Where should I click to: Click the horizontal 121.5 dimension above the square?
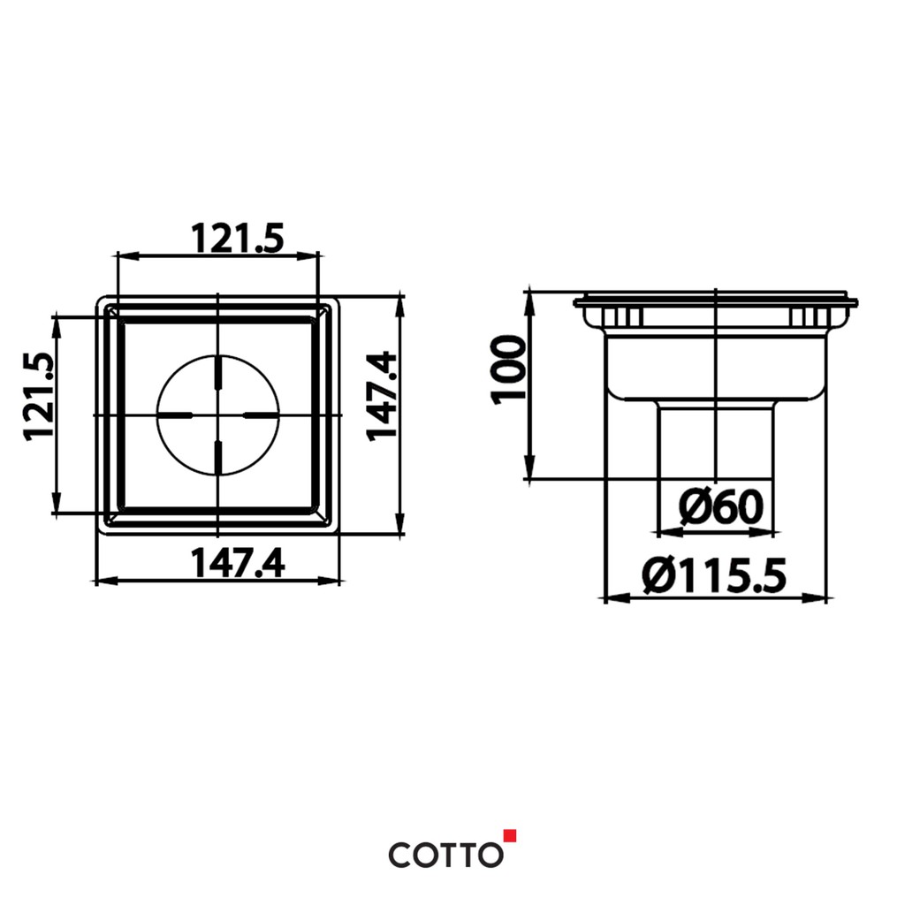pyautogui.click(x=237, y=239)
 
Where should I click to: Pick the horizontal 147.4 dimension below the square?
pyautogui.click(x=237, y=563)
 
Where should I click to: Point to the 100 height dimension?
pyautogui.click(x=508, y=370)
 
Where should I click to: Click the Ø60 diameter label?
pyautogui.click(x=720, y=506)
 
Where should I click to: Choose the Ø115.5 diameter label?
pyautogui.click(x=714, y=576)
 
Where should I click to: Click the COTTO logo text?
pyautogui.click(x=445, y=855)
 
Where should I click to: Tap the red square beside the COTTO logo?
pyautogui.click(x=510, y=836)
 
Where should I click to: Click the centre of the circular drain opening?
pyautogui.click(x=217, y=415)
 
